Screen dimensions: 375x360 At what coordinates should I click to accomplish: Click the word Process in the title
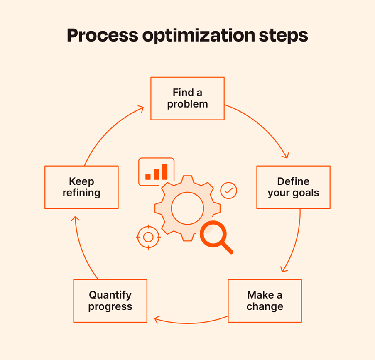click(103, 35)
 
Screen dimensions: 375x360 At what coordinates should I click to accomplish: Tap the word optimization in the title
click(199, 36)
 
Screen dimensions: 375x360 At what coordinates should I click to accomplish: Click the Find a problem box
click(188, 98)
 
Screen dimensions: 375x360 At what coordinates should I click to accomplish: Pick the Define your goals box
click(294, 187)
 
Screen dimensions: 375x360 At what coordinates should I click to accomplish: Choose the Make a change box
click(265, 301)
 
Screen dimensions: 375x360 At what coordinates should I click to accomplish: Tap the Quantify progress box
click(110, 301)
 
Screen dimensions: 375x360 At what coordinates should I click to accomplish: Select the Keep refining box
click(81, 187)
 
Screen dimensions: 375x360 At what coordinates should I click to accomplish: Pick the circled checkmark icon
click(229, 191)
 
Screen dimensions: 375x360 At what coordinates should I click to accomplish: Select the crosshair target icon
click(148, 237)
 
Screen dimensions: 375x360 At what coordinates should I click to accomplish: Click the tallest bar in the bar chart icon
click(165, 172)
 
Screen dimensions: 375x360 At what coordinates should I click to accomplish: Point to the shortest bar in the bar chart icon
click(148, 177)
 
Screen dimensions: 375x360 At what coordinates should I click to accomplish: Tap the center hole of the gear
click(188, 208)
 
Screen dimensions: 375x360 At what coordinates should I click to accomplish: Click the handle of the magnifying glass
click(227, 248)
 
